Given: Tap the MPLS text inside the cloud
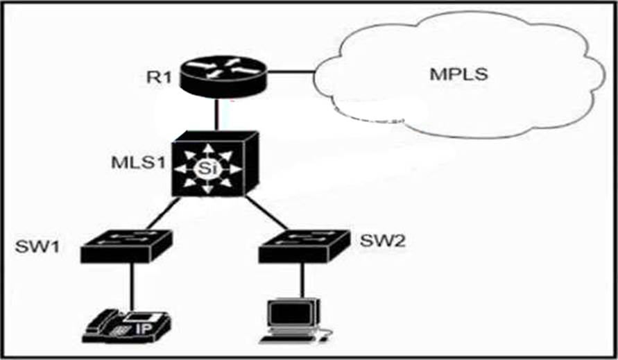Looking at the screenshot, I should (x=461, y=74).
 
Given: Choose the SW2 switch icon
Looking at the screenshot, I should (x=302, y=246).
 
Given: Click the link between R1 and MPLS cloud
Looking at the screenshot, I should (x=291, y=69).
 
